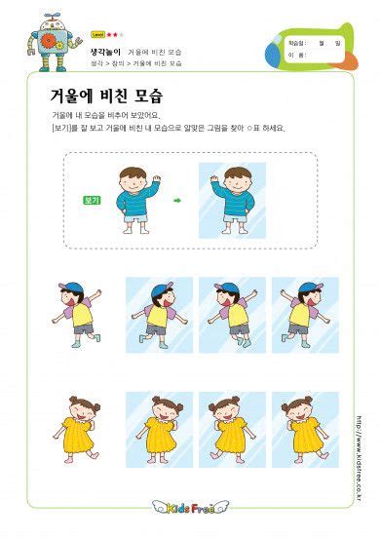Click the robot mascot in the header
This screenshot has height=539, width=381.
pyautogui.click(x=44, y=41)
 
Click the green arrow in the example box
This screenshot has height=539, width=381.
pyautogui.click(x=177, y=200)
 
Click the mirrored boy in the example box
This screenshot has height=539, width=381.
pyautogui.click(x=232, y=201)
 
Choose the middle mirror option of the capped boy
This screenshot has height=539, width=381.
pyautogui.click(x=232, y=313)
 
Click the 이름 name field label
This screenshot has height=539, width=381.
pyautogui.click(x=294, y=55)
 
